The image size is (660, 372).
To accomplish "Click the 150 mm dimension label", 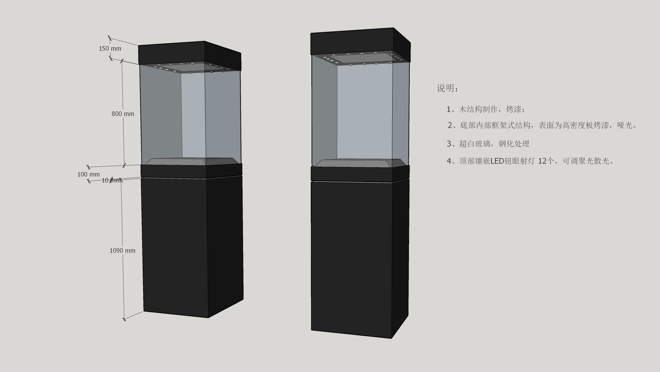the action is [x=110, y=49].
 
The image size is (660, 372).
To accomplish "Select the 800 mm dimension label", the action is [x=123, y=114].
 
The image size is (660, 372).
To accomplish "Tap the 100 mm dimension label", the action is [x=88, y=174].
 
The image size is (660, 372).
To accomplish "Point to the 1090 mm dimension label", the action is [x=122, y=251].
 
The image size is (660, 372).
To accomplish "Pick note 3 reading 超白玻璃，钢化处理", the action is [x=488, y=144].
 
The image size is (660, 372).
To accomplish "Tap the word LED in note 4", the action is [x=497, y=161].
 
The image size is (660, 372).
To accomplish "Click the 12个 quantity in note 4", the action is [x=546, y=161].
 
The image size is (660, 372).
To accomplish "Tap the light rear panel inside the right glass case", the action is [x=364, y=110].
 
